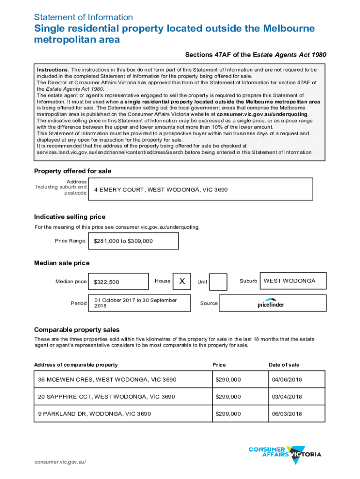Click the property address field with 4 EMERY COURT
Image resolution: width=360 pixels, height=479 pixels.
point(201,190)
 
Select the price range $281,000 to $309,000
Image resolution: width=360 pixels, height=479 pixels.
point(133,241)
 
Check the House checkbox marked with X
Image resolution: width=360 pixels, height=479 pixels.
point(182,281)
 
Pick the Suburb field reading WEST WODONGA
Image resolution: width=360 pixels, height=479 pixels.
point(293,281)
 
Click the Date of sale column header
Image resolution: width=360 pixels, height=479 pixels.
point(284,365)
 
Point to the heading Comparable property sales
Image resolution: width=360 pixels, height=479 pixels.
point(77,330)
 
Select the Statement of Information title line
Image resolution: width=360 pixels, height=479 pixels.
point(83,17)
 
